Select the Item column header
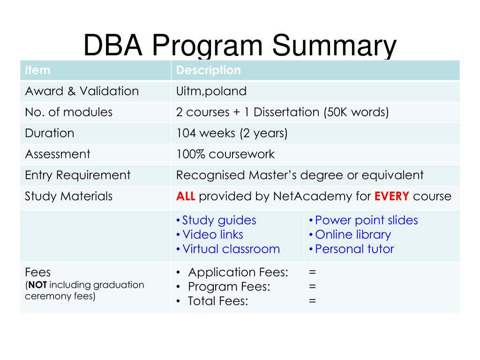pos(37,70)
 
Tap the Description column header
pos(208,70)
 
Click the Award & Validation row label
pos(82,91)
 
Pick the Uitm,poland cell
pos(211,91)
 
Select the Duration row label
pos(49,133)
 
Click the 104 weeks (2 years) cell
pos(232,133)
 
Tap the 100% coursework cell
pos(225,154)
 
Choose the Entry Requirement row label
pos(77,175)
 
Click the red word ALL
pos(186,196)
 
